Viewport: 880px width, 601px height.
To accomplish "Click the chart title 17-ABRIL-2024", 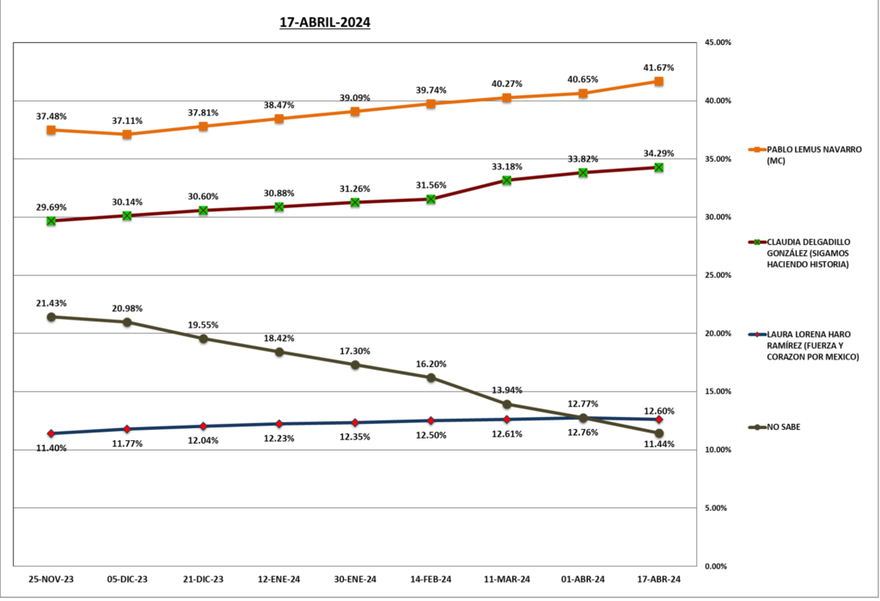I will coord(325,23).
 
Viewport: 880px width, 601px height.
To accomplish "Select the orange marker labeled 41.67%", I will coord(658,81).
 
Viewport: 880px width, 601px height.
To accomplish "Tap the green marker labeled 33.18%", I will coord(507,180).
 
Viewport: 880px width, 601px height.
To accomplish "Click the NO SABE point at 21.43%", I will coord(51,316).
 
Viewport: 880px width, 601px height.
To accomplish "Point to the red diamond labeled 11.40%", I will coord(51,433).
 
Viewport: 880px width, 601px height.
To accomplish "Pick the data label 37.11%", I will coord(127,121).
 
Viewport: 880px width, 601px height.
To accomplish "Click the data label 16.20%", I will coord(431,364).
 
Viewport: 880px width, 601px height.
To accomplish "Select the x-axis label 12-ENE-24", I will coord(279,580).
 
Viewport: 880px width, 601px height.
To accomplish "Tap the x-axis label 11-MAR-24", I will coord(507,580).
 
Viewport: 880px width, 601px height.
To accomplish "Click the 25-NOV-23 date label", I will coord(51,580).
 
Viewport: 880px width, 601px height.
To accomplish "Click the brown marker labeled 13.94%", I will coord(507,404).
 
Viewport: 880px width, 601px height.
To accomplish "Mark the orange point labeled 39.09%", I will coord(355,111).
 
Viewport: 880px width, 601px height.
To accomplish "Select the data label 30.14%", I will coord(127,202).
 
